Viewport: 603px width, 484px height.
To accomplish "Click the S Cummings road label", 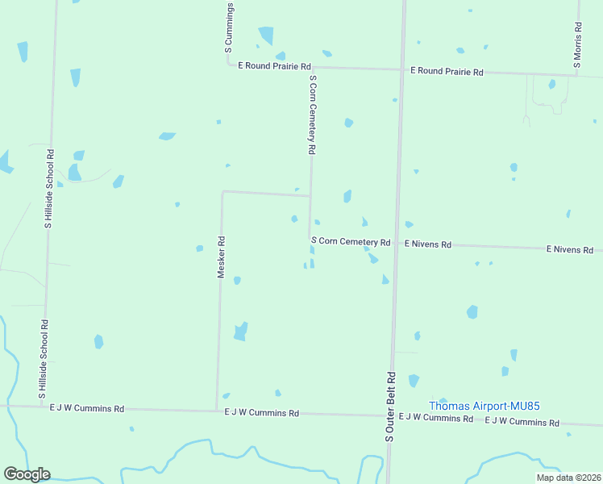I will point(229,27).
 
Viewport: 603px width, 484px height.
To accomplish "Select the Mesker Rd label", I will point(221,257).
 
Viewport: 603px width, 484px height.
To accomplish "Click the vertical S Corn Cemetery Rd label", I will point(312,115).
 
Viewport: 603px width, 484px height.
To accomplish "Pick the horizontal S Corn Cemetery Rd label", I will point(351,242).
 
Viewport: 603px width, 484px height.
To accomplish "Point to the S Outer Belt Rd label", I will point(389,406).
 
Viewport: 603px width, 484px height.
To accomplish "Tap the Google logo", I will point(27,474).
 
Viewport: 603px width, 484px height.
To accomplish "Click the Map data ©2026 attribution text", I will point(568,478).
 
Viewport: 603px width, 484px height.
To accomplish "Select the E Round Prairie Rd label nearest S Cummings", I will point(274,66).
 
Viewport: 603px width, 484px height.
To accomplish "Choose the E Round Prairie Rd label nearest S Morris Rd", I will point(447,72).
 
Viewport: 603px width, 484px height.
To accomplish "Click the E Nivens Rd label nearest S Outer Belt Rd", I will point(428,244).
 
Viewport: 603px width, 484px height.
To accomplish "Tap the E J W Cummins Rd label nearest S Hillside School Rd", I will point(87,409).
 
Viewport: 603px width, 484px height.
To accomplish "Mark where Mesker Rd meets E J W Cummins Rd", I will point(217,409).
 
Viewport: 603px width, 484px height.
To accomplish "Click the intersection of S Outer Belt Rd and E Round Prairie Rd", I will point(401,69).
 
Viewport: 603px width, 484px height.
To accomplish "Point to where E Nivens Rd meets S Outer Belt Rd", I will point(396,242).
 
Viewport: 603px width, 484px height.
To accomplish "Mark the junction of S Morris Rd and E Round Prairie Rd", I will point(578,76).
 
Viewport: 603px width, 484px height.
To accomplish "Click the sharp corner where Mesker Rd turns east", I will point(222,191).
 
